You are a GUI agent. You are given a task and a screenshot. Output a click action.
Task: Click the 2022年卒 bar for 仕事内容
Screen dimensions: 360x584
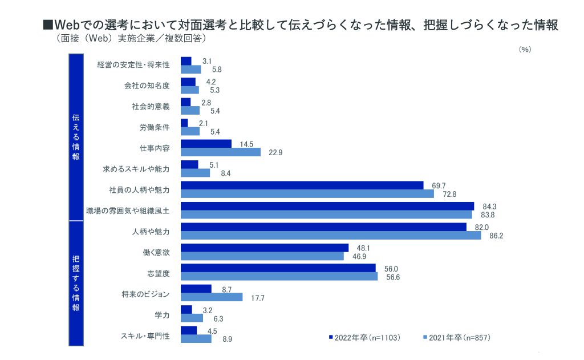point(206,144)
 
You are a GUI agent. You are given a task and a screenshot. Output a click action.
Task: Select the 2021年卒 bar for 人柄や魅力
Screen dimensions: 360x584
point(331,235)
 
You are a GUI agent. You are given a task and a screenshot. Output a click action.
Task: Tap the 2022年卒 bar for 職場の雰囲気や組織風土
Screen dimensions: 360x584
point(327,206)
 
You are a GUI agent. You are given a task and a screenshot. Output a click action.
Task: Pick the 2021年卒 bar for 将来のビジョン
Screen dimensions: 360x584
point(212,297)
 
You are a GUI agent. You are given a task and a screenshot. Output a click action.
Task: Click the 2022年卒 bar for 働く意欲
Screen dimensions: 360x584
point(265,248)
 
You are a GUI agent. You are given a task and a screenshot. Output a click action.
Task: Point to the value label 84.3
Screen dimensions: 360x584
point(488,206)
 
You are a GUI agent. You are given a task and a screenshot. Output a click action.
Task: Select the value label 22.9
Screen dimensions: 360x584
point(277,152)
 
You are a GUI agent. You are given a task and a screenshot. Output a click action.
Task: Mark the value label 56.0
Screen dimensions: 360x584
point(390,268)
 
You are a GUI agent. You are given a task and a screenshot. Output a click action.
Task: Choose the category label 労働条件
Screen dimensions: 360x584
point(155,127)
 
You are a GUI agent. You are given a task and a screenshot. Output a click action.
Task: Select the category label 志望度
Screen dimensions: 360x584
point(159,273)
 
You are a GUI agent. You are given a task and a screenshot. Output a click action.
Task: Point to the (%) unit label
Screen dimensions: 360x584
point(525,50)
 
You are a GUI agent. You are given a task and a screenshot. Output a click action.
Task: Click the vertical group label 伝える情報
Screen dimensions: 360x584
point(76,137)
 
